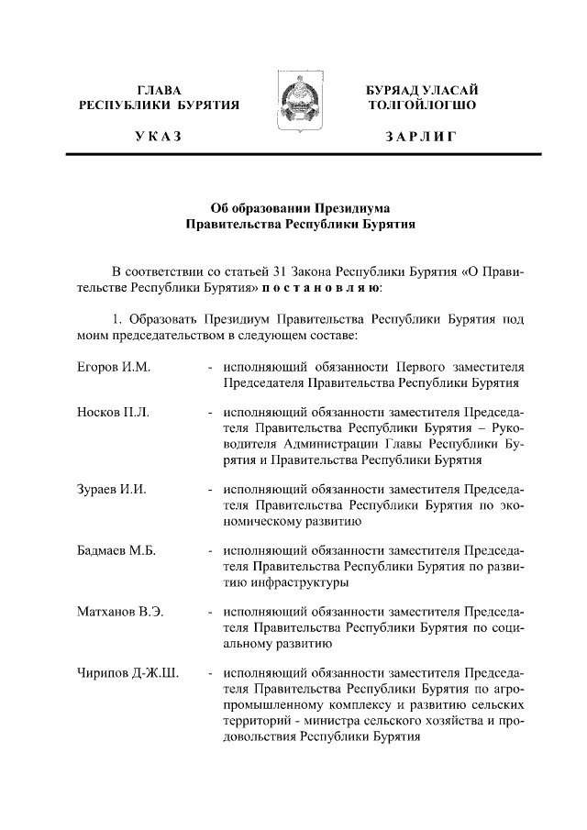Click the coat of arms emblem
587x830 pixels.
click(x=293, y=105)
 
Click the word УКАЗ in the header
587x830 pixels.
click(x=159, y=137)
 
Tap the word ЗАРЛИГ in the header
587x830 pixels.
click(x=421, y=137)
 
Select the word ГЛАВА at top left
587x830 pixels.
click(x=159, y=90)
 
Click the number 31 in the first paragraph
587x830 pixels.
click(x=282, y=272)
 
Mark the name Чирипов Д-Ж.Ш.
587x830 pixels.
click(x=127, y=675)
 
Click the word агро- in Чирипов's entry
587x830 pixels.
click(x=507, y=691)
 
